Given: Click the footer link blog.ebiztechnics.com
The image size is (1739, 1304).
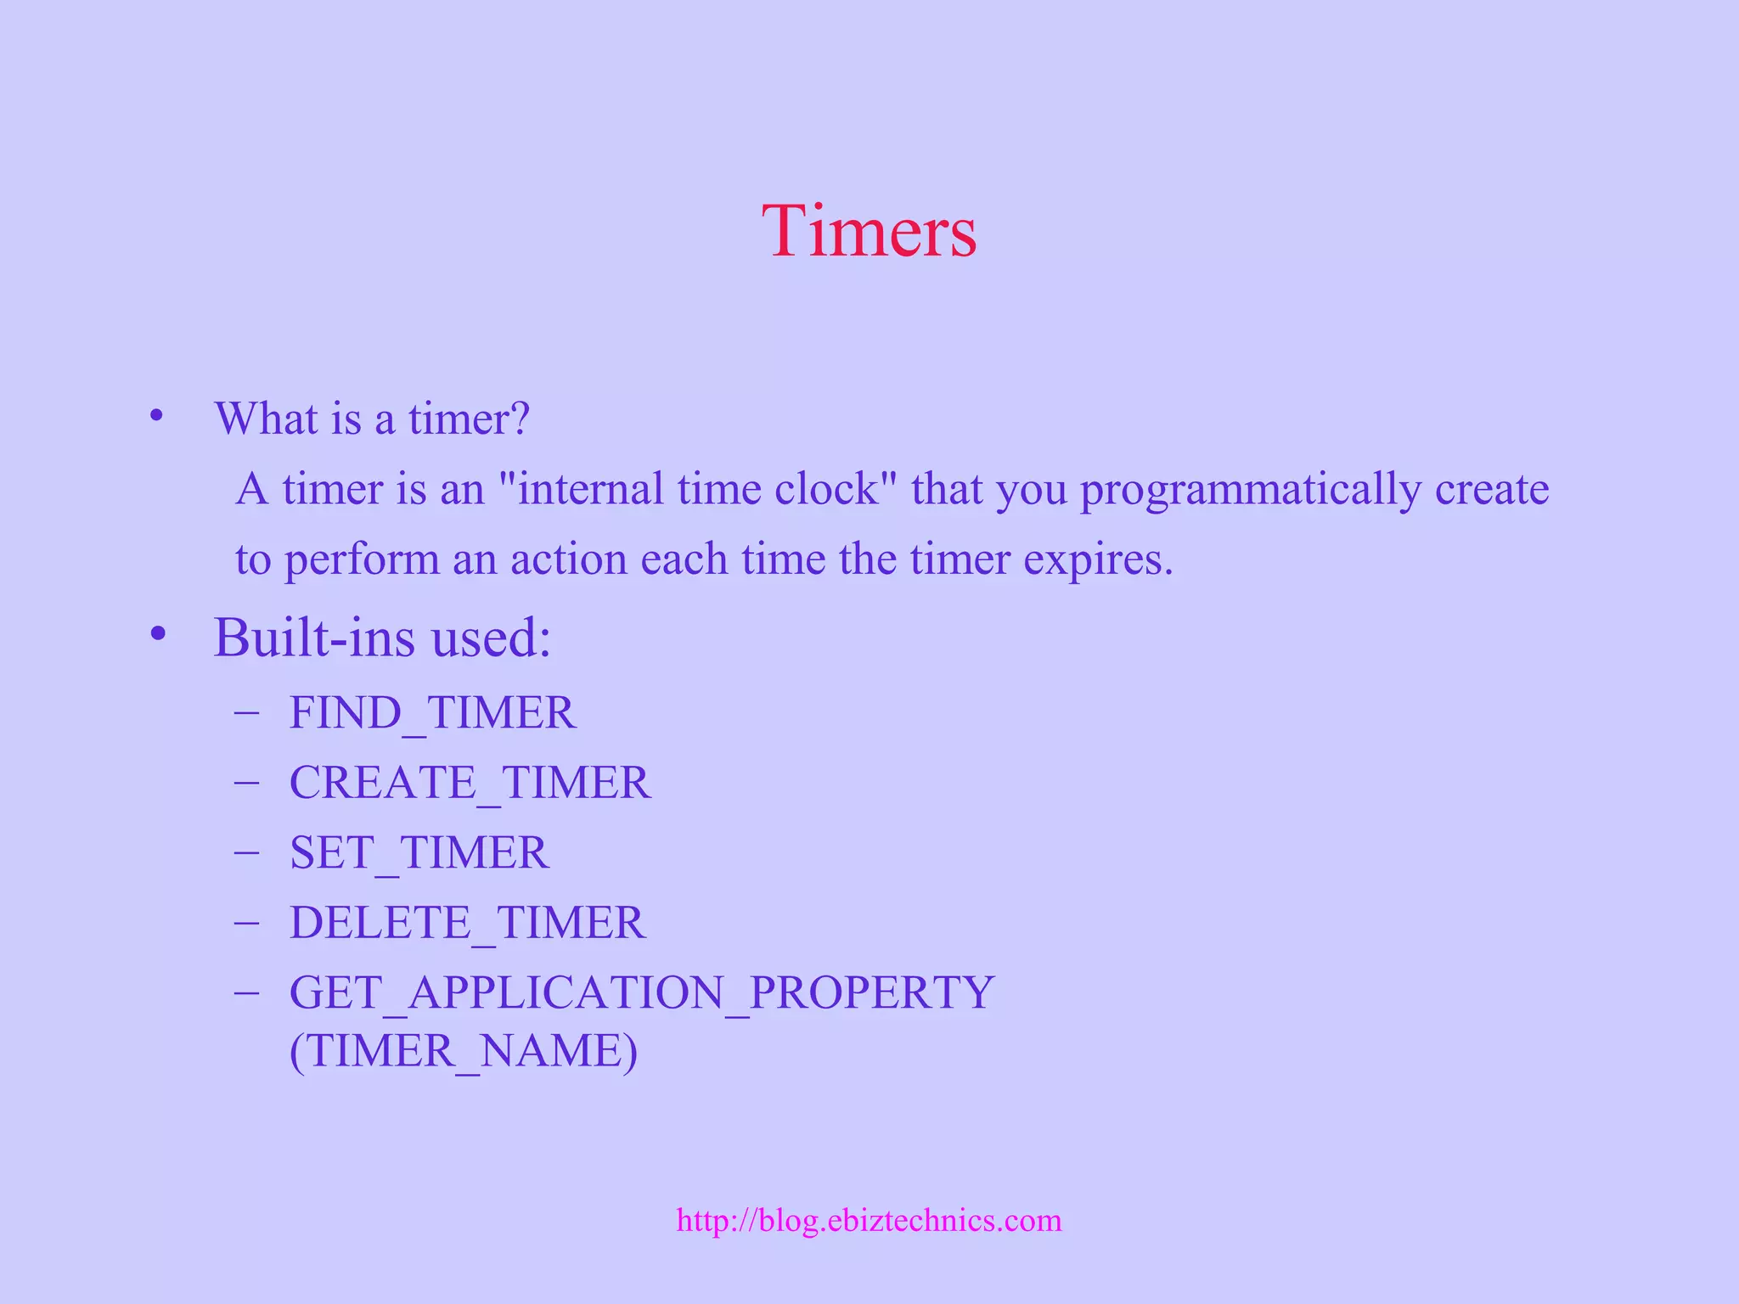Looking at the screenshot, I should (x=869, y=1220).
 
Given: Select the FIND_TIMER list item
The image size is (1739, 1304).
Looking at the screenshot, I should (x=432, y=712).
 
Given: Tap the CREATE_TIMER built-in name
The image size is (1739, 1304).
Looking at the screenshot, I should (x=470, y=782).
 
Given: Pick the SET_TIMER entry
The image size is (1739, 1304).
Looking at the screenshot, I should (x=419, y=852).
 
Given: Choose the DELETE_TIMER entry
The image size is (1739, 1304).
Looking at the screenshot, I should (x=467, y=923).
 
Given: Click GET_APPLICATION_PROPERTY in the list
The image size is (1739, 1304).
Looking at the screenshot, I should (x=641, y=992).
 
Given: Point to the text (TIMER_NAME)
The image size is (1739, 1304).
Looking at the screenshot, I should (x=463, y=1051).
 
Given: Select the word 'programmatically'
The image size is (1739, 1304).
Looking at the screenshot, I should (x=1250, y=490).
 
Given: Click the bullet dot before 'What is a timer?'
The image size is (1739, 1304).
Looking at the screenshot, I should (x=155, y=417).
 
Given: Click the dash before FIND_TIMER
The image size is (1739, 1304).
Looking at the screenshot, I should (x=246, y=711).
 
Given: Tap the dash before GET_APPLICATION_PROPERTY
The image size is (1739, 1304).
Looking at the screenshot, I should (x=246, y=992).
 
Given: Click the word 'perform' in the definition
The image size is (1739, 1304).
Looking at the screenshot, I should (x=361, y=560).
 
